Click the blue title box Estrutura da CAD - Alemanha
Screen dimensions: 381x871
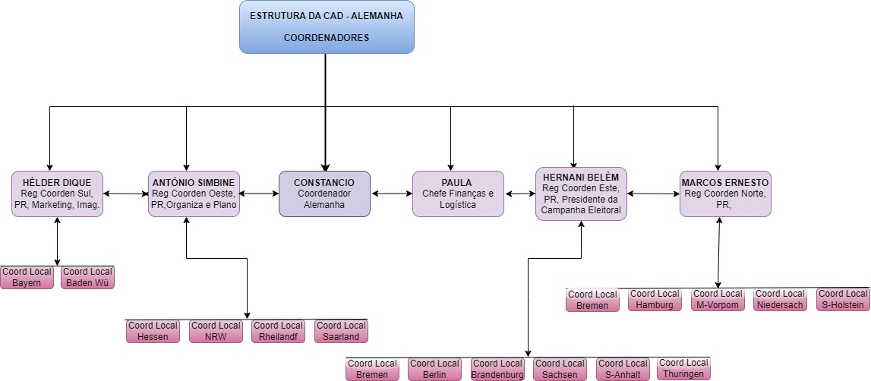(327, 27)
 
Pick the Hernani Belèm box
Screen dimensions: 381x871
(581, 194)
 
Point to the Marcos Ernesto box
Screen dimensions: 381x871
(725, 194)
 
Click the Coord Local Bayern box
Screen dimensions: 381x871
(27, 278)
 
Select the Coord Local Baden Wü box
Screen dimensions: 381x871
(88, 278)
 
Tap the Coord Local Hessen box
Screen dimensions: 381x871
(153, 331)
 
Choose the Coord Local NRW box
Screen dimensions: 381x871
(216, 331)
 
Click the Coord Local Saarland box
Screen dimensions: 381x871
(342, 331)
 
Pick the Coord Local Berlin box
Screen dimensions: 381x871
(434, 369)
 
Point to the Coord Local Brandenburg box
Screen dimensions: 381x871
(497, 369)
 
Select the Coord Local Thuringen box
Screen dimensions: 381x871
(684, 369)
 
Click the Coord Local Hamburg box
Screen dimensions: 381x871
(655, 300)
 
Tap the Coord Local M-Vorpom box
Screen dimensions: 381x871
(718, 300)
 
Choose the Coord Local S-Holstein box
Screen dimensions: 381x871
(843, 300)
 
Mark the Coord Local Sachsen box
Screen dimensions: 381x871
(560, 369)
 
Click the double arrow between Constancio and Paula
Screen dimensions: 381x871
(391, 194)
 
